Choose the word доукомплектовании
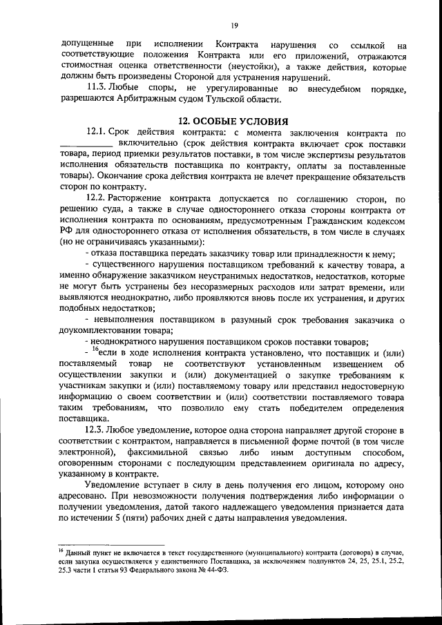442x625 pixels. [x=100, y=331]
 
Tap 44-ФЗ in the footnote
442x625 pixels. [x=216, y=571]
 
